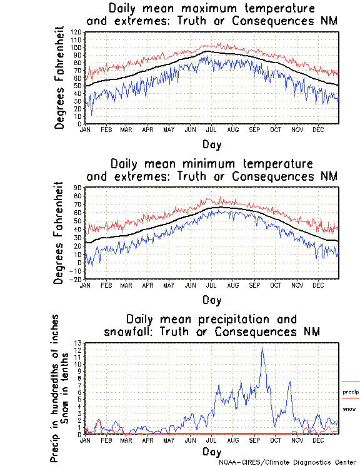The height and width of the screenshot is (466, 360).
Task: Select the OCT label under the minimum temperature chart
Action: click(275, 285)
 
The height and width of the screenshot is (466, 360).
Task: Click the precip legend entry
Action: click(351, 392)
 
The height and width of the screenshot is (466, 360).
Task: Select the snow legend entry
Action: click(349, 408)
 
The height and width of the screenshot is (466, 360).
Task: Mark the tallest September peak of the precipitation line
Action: click(262, 348)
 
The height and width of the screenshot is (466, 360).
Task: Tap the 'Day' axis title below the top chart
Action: click(211, 144)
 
